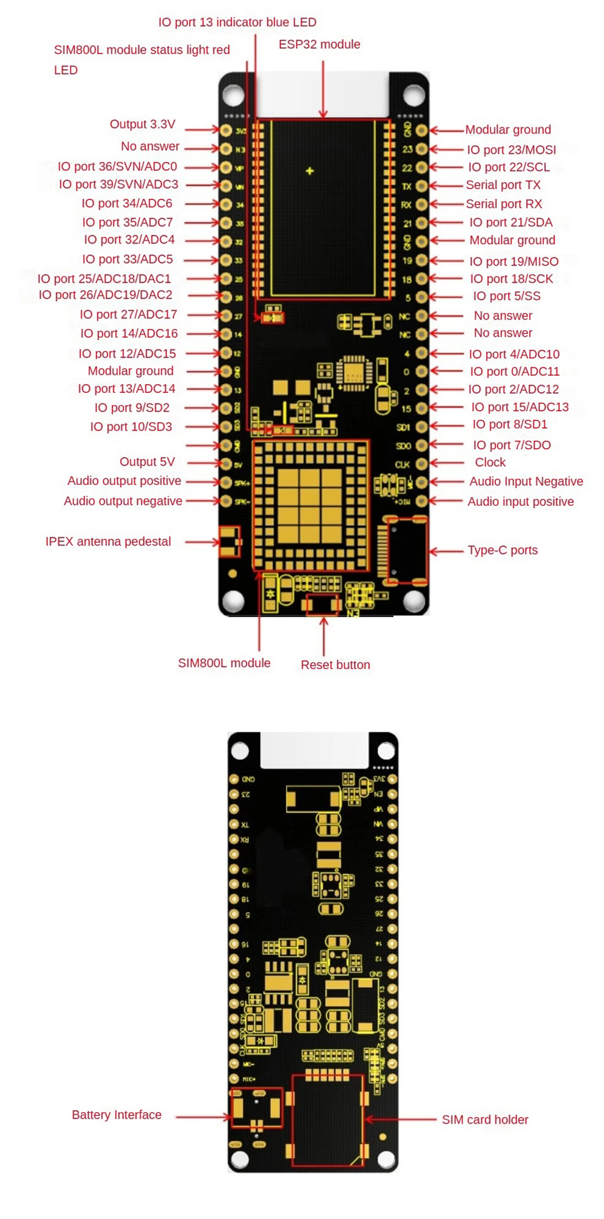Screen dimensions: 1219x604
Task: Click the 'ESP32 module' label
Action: pyautogui.click(x=319, y=45)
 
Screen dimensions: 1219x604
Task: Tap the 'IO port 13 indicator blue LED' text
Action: pyautogui.click(x=237, y=23)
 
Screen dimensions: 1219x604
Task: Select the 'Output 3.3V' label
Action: pyautogui.click(x=142, y=124)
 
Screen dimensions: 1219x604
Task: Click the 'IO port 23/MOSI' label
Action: pyautogui.click(x=511, y=150)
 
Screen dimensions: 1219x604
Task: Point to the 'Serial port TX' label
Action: pyautogui.click(x=503, y=185)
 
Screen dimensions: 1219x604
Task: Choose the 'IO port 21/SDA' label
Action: pyautogui.click(x=511, y=223)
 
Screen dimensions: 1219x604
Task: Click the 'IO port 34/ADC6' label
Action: pyautogui.click(x=127, y=204)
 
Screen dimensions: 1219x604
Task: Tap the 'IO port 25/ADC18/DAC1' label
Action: pyautogui.click(x=104, y=279)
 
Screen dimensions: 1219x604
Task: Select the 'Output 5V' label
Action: pyautogui.click(x=147, y=462)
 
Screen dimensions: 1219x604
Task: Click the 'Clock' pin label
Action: pyautogui.click(x=490, y=462)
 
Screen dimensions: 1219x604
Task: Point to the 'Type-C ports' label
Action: pyautogui.click(x=503, y=550)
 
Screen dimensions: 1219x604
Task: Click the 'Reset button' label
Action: pyautogui.click(x=335, y=665)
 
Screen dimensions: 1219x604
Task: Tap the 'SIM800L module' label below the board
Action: pyautogui.click(x=224, y=663)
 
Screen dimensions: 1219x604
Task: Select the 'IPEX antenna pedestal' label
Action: pyautogui.click(x=108, y=542)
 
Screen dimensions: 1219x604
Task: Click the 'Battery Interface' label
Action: pyautogui.click(x=117, y=1115)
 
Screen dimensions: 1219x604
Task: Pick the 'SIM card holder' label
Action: pyautogui.click(x=485, y=1120)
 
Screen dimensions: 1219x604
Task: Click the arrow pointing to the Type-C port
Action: pyautogui.click(x=447, y=551)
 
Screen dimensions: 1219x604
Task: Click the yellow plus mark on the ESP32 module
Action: pyautogui.click(x=310, y=171)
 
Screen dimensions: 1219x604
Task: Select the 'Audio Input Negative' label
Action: pyautogui.click(x=526, y=481)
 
